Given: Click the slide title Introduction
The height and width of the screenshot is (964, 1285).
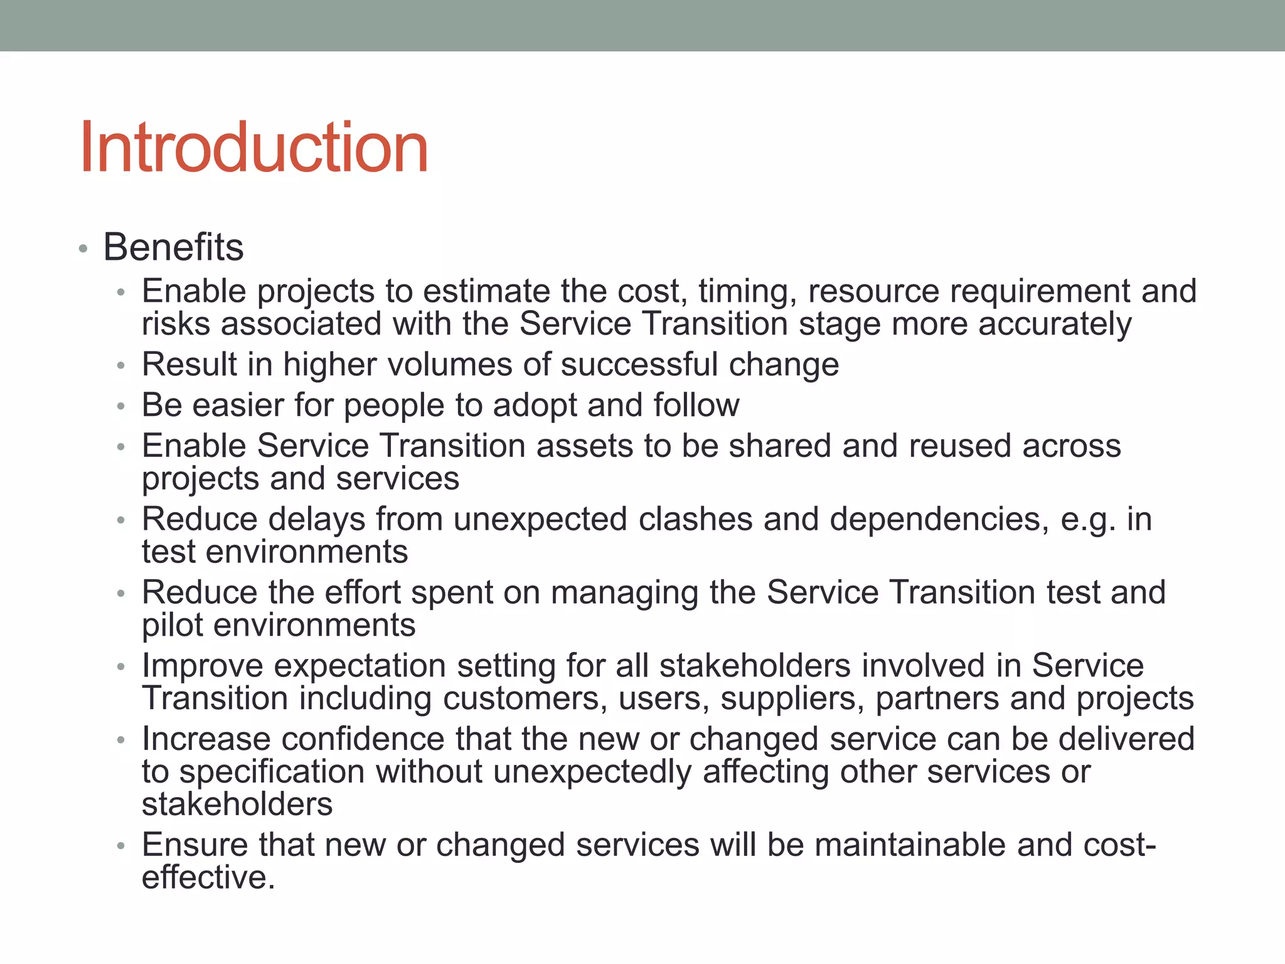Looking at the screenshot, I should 253,148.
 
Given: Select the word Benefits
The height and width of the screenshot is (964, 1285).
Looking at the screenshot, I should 173,247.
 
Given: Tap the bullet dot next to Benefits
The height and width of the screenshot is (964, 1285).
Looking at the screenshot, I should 83,249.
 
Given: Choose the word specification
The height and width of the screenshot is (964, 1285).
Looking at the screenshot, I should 272,771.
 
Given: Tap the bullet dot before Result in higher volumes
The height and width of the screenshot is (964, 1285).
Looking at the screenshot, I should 121,366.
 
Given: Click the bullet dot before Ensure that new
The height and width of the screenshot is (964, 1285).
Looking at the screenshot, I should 121,847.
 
